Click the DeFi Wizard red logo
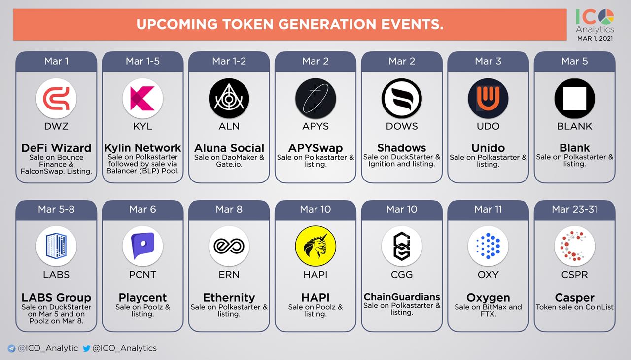pyautogui.click(x=56, y=98)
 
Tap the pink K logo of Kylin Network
pyautogui.click(x=142, y=98)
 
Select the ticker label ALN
pyautogui.click(x=229, y=126)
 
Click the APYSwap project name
pyautogui.click(x=315, y=148)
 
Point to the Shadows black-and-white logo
pyautogui.click(x=402, y=98)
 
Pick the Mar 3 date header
pyautogui.click(x=488, y=61)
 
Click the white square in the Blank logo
pyautogui.click(x=575, y=98)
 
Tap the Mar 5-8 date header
pyautogui.click(x=56, y=209)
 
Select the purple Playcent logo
pyautogui.click(x=142, y=246)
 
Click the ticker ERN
pyautogui.click(x=229, y=274)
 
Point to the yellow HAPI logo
pyautogui.click(x=315, y=246)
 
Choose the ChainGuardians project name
pyautogui.click(x=402, y=297)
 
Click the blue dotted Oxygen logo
pyautogui.click(x=488, y=246)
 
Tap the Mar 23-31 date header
pyautogui.click(x=575, y=209)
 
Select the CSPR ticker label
pyautogui.click(x=575, y=274)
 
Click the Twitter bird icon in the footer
pyautogui.click(x=86, y=349)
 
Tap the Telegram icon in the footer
pyautogui.click(x=11, y=349)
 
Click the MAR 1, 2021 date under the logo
pyautogui.click(x=595, y=39)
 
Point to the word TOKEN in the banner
pyautogui.click(x=248, y=24)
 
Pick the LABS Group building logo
pyautogui.click(x=56, y=246)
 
